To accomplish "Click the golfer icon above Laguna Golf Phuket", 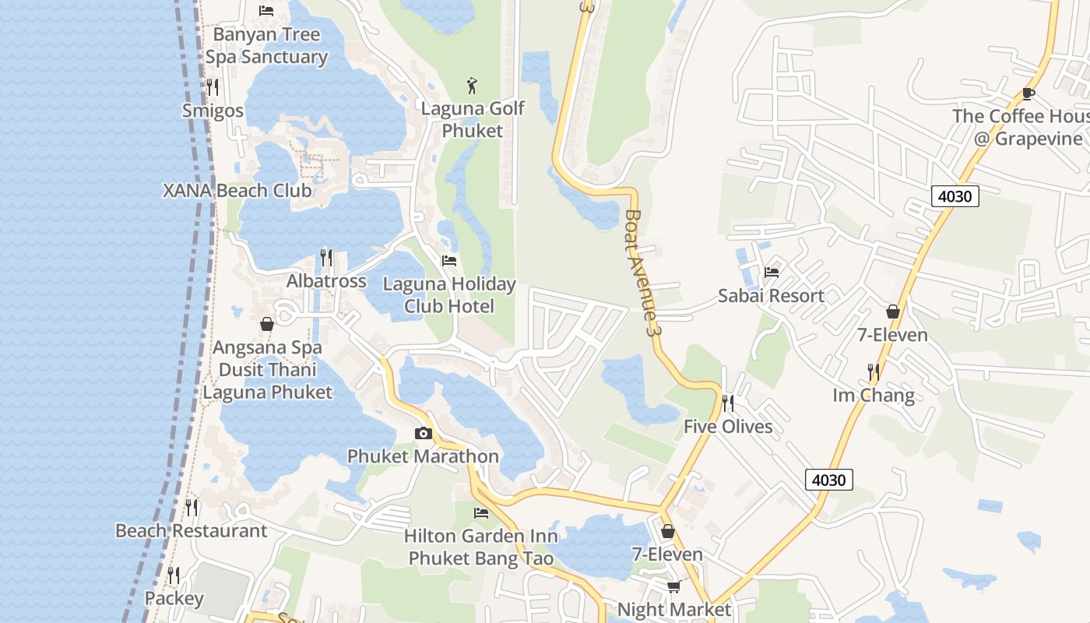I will click(472, 86).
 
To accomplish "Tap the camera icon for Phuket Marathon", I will click(424, 434).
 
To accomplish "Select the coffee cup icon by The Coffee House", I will click(1028, 94).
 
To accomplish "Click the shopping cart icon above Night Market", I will click(673, 586).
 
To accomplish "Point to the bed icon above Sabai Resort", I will click(772, 272).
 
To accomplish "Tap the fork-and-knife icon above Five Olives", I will click(728, 403).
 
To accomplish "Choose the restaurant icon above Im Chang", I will click(874, 372).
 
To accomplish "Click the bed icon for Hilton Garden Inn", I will click(481, 512).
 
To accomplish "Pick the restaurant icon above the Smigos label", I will click(213, 86).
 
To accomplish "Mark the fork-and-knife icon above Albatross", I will click(326, 257).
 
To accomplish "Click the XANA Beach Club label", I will click(237, 190).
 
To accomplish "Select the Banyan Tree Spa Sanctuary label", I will click(266, 46).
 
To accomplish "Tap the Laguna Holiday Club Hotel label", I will click(449, 295).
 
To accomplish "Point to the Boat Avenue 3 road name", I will click(643, 273).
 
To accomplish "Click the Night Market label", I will click(674, 609).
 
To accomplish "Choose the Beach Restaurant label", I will click(192, 531).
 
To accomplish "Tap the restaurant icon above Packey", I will click(174, 575).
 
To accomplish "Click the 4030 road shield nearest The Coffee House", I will click(955, 196).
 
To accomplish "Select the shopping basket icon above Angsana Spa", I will click(267, 324).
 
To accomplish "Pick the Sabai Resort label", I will click(771, 296).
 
